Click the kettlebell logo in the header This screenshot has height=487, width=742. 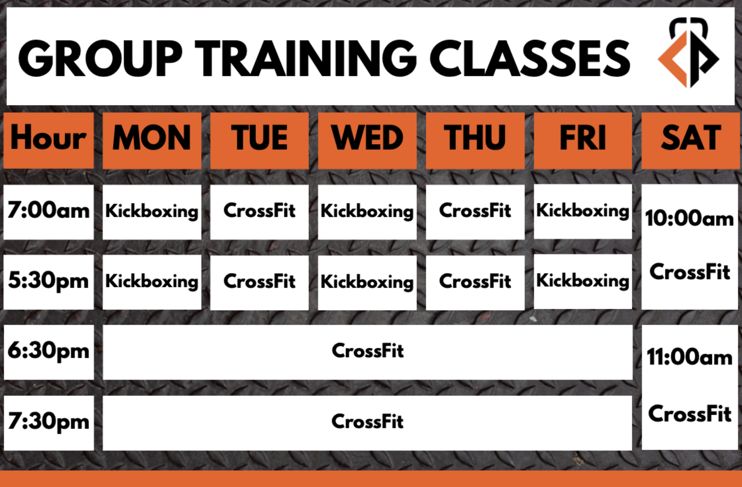tap(688, 53)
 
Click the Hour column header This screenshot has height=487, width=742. tap(49, 140)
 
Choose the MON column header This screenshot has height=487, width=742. tap(152, 140)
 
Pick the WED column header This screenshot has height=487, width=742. tap(367, 140)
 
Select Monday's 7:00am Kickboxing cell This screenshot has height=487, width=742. tap(152, 212)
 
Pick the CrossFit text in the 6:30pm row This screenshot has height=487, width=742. tap(368, 351)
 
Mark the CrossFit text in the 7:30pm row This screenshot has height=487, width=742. tap(368, 422)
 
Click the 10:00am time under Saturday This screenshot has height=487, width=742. tap(690, 218)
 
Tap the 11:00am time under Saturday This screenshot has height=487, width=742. tap(690, 358)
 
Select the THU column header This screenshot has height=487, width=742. tap(475, 140)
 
